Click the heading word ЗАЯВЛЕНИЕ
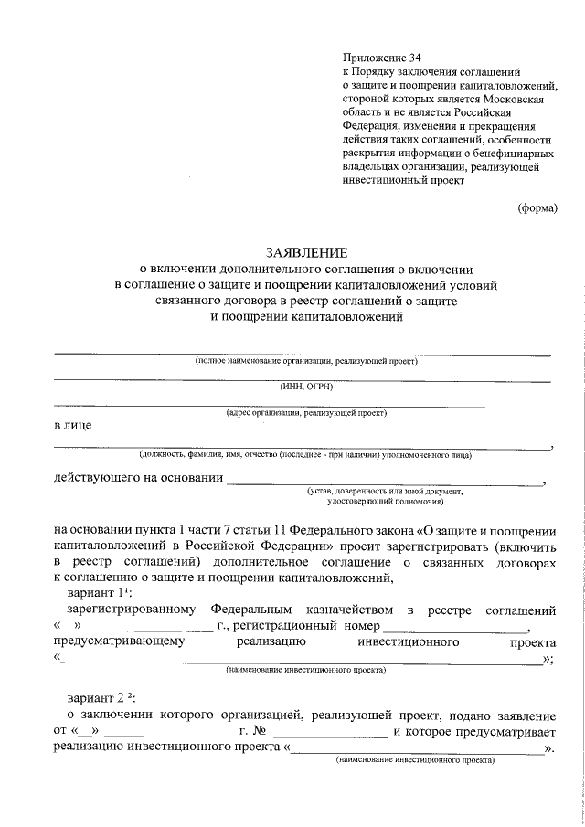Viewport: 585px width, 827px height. (x=306, y=251)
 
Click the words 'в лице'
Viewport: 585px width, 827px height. (x=72, y=426)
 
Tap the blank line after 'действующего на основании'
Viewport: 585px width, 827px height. (x=384, y=481)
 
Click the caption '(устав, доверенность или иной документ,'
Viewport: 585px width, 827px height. (x=385, y=492)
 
